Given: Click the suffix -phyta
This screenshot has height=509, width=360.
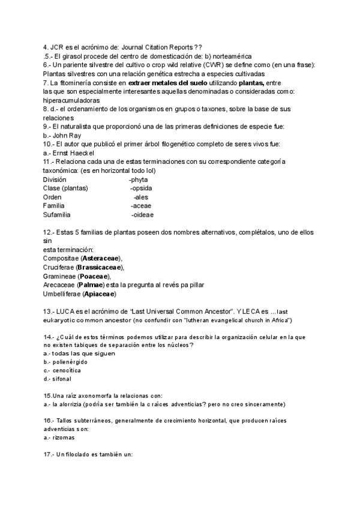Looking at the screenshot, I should coord(139,179).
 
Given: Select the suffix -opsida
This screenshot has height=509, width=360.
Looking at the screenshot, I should coord(142,188).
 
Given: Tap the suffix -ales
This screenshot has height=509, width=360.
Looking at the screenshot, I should coord(142,197).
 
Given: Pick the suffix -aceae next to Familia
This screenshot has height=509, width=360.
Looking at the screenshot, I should coord(141,205).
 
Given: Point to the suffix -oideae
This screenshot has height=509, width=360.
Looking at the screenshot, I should coord(142,214).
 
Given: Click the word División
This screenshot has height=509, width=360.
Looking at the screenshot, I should coord(55,179).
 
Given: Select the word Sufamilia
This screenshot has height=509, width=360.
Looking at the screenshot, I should coord(57,214).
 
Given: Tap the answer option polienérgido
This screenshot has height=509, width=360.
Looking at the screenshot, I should coord(73,362).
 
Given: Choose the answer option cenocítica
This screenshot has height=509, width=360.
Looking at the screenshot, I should coord(71,370).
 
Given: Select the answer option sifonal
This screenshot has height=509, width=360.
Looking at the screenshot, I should coord(66,379).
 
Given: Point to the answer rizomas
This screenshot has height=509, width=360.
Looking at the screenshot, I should coord(66,438).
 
